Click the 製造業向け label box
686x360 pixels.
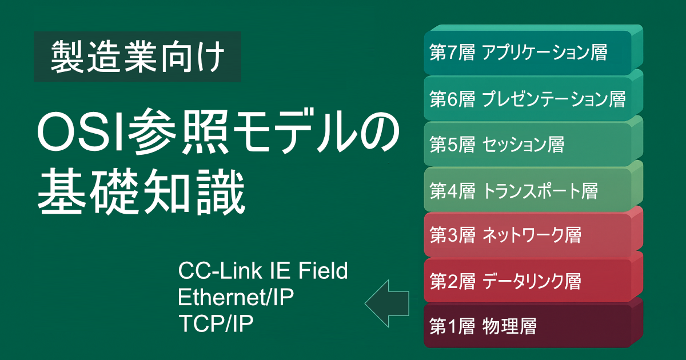point(137,57)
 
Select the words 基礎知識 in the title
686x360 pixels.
point(141,191)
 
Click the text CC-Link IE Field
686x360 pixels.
point(263,271)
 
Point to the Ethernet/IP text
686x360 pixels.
point(236,297)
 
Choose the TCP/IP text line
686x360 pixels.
point(216,323)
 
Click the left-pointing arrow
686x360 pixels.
point(387,303)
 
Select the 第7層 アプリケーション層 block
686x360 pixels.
point(533,50)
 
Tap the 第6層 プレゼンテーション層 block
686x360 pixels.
point(533,95)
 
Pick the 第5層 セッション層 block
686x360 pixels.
point(533,141)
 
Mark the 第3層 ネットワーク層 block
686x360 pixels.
point(533,232)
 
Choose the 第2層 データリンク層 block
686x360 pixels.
point(533,277)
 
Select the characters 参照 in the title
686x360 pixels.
point(178,132)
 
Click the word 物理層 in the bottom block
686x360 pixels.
point(509,326)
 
